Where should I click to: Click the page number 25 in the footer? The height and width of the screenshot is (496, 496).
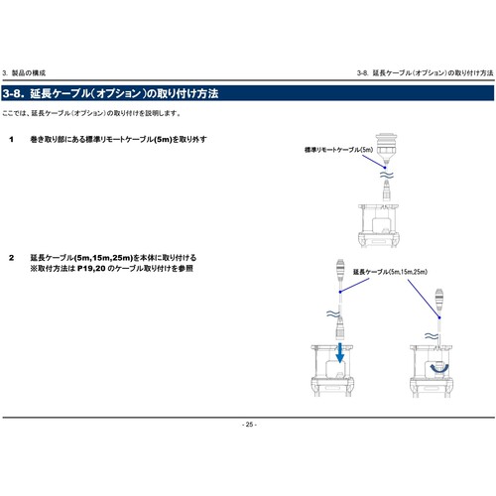tap(248, 424)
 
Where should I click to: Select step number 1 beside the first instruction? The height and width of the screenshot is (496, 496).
tap(11, 139)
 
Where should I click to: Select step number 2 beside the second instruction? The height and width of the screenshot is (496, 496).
tap(11, 258)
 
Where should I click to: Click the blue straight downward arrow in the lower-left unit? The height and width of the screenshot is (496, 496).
tap(340, 354)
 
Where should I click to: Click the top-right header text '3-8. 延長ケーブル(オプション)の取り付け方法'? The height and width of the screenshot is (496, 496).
tap(425, 73)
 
